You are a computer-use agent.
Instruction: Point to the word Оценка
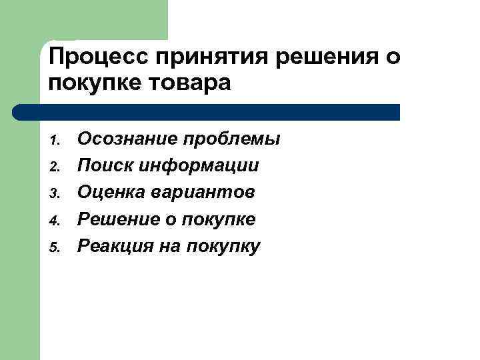[107, 193]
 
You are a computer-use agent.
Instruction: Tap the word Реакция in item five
[111, 246]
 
